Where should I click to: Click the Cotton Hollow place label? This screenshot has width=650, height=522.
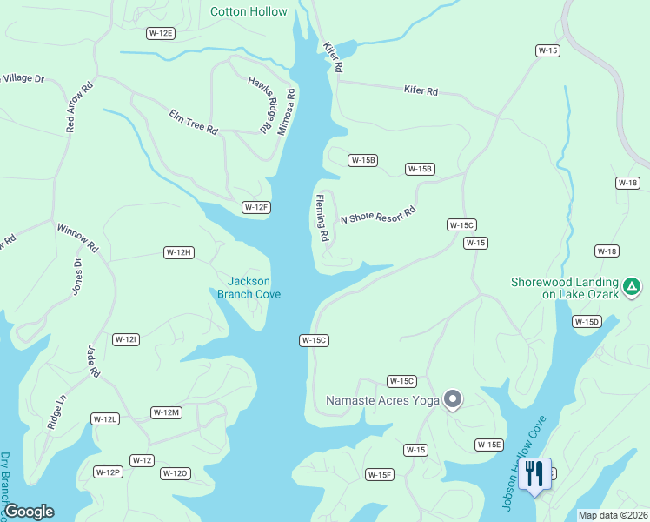(x=249, y=11)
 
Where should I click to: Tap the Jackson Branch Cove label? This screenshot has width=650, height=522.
(x=249, y=287)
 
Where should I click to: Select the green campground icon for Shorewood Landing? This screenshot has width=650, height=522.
(x=633, y=285)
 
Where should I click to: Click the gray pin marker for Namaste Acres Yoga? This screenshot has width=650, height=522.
(x=452, y=399)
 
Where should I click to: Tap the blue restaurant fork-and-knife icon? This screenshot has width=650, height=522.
(x=534, y=474)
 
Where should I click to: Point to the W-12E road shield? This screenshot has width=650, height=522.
(x=161, y=33)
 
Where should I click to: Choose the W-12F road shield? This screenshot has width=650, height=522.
(x=256, y=207)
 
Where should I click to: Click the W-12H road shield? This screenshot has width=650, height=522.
(x=178, y=252)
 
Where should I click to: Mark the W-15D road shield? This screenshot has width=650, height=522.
(x=587, y=322)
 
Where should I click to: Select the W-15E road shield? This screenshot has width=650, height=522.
(x=488, y=445)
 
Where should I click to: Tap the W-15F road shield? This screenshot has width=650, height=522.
(x=380, y=474)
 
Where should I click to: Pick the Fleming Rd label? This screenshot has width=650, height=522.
(x=322, y=217)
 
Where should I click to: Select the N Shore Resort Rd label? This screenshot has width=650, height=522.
(x=378, y=215)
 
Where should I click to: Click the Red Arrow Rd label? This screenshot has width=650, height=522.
(x=78, y=108)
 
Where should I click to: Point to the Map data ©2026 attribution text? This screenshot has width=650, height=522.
(x=613, y=515)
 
